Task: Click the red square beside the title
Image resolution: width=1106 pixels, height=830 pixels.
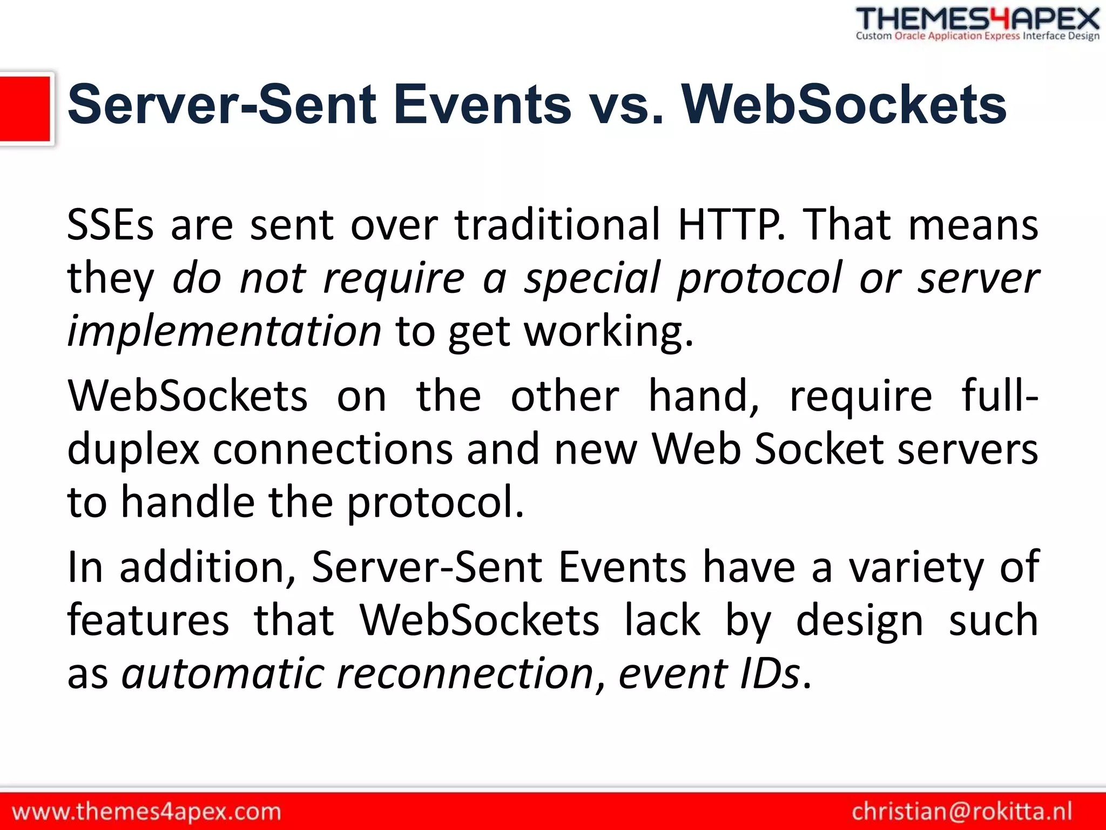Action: click(x=25, y=109)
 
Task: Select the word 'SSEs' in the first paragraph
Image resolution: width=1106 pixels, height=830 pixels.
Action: click(x=110, y=224)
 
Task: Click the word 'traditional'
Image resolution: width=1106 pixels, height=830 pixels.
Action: click(x=557, y=224)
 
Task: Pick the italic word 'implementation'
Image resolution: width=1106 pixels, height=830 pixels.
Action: click(x=224, y=331)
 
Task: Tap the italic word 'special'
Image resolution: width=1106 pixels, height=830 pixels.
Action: click(x=592, y=278)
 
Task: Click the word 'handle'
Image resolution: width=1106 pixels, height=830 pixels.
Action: click(x=187, y=502)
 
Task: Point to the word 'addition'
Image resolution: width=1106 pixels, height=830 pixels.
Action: click(x=207, y=567)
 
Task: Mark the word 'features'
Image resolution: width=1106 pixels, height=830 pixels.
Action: click(x=148, y=620)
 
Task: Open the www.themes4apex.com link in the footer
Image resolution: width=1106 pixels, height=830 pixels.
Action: click(x=146, y=812)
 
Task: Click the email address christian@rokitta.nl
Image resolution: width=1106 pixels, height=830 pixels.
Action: click(x=962, y=812)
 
